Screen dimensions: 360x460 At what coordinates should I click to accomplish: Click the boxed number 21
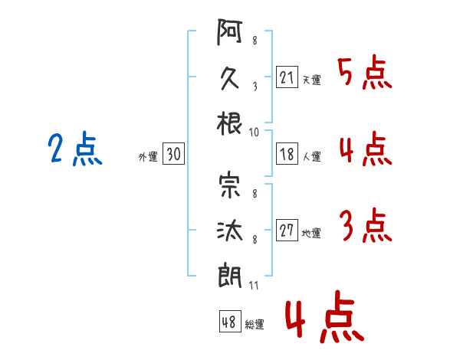[287, 78]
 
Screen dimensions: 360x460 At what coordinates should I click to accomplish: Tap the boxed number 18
[287, 154]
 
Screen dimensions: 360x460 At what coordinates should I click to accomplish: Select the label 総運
[255, 324]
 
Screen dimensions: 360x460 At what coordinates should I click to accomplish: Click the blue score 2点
[74, 149]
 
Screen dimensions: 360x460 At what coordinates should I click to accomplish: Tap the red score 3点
[365, 225]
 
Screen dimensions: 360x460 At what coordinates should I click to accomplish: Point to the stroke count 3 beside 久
[254, 86]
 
